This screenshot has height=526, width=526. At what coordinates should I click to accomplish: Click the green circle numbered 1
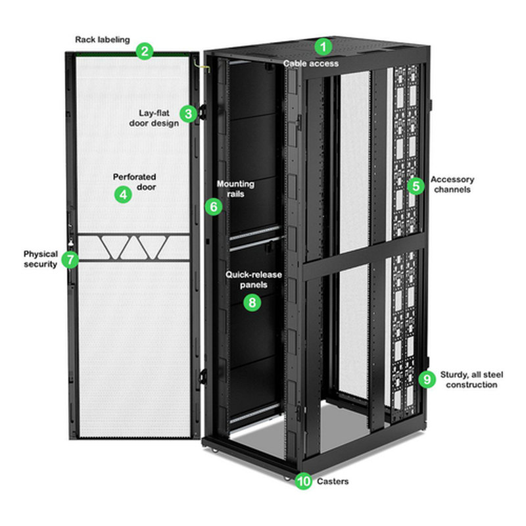coord(323,47)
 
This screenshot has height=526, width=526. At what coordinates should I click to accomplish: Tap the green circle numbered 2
coord(145,51)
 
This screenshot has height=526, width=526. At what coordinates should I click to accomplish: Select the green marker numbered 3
coord(189,114)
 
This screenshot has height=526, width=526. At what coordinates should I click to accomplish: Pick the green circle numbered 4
coord(122,195)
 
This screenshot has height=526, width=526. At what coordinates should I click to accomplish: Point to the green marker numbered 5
coord(415,186)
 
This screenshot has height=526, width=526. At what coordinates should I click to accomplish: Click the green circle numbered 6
coord(213,206)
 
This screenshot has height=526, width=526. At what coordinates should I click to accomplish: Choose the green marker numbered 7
coord(70,259)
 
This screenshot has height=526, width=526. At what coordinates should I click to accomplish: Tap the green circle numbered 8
coord(252,302)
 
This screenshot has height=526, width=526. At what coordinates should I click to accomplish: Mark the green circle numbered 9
coord(427,379)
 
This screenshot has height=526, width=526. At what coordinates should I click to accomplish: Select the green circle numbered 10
coord(303,481)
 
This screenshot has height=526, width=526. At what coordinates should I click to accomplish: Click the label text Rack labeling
coord(102,39)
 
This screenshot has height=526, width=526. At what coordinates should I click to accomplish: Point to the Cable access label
coord(311,63)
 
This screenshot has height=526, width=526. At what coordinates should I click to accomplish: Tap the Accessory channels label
coord(452,184)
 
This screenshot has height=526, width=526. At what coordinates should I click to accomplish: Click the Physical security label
coord(41,259)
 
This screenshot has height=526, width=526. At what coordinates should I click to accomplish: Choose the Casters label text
coord(333,481)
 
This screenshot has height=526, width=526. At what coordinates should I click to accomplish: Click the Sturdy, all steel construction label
coord(471,379)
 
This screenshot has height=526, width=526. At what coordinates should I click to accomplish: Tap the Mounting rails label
coord(235,188)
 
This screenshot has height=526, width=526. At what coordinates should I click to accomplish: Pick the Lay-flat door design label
coord(158,118)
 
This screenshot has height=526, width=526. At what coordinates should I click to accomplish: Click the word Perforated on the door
coord(134,177)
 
